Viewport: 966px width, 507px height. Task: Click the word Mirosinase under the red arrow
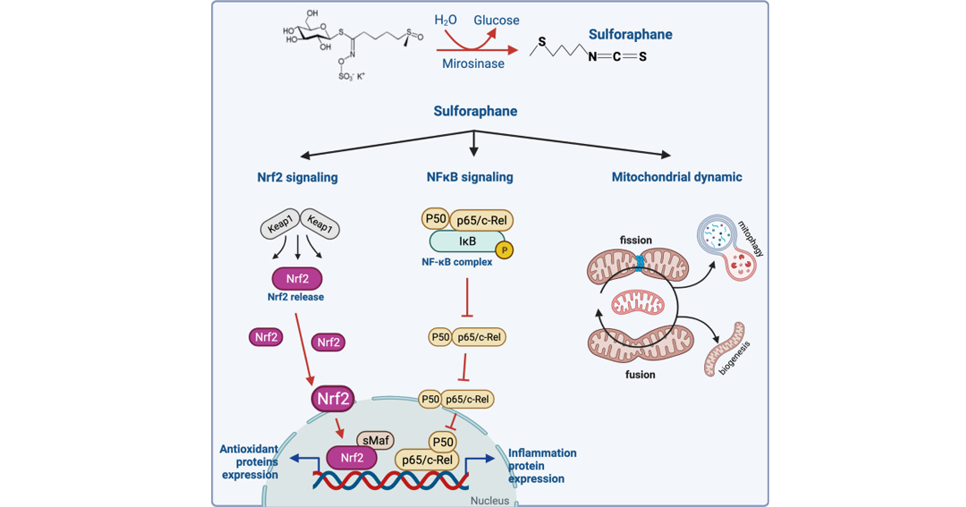coord(473,63)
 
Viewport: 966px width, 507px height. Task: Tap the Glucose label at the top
coord(496,21)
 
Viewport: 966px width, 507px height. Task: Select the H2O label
coord(445,21)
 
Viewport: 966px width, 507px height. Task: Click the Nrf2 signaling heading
coord(298,177)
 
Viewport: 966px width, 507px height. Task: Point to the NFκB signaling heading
coord(470,177)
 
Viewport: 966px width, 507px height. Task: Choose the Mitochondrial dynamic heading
coord(676,177)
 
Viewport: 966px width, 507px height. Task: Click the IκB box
coord(467,241)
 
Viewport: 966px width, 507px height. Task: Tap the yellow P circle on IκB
coord(504,250)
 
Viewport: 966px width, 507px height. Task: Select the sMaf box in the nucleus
coord(376,441)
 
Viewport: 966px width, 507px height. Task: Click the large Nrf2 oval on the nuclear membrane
coord(333,399)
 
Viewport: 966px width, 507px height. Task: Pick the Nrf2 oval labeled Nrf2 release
coord(297,278)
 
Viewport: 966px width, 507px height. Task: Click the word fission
coord(636,241)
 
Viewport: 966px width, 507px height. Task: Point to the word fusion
coord(640,375)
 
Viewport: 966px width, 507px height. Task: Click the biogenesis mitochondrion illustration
coord(724,349)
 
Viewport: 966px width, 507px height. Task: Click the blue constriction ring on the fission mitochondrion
coord(640,263)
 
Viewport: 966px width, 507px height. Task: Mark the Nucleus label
coord(490,500)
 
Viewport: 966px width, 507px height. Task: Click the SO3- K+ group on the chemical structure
coord(352,76)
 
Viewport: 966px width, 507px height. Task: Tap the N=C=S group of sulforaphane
coord(617,56)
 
